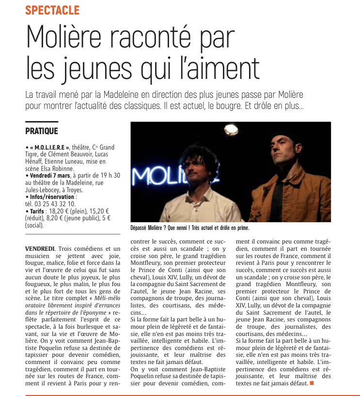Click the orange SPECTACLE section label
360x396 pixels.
(52, 10)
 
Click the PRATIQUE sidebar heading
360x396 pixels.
(42, 131)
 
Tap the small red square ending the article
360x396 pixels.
(312, 383)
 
